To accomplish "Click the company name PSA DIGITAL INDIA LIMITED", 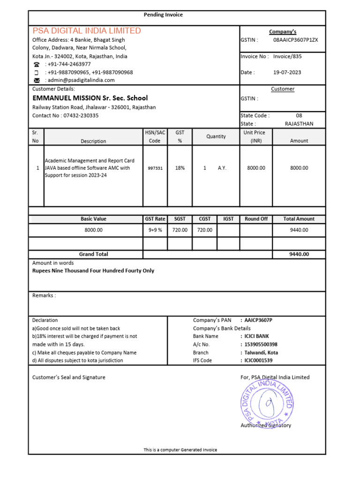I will click(87, 31).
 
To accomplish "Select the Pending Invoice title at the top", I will click(163, 15).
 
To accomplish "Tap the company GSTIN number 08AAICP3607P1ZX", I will click(295, 40).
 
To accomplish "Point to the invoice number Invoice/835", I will click(287, 56).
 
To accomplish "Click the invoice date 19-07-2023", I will click(287, 72).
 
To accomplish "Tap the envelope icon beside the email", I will click(37, 81).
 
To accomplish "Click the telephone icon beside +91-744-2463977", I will click(37, 64).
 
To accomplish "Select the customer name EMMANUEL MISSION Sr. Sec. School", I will click(90, 98).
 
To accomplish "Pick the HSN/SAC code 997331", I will click(155, 168).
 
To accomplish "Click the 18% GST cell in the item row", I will click(180, 168).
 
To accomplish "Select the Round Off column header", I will click(256, 219).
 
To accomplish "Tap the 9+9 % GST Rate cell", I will click(155, 230).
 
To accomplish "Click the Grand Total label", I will click(93, 254).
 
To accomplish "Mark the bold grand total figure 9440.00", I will click(299, 254).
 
